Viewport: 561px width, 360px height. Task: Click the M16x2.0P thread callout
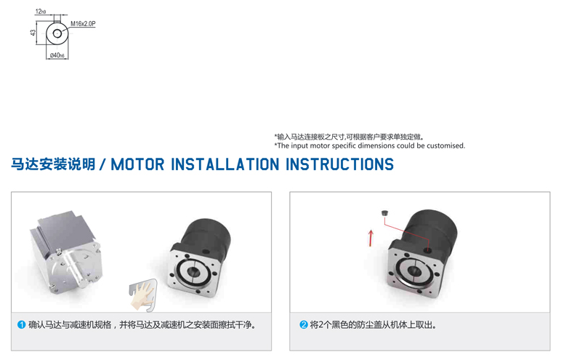click(83, 24)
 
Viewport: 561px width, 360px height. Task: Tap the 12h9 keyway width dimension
click(41, 12)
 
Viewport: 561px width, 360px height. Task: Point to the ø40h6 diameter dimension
click(57, 55)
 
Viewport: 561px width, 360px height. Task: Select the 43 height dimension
click(33, 33)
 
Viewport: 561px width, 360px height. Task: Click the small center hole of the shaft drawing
click(57, 33)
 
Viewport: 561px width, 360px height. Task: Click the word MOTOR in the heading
click(137, 164)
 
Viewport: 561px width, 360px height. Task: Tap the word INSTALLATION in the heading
click(225, 164)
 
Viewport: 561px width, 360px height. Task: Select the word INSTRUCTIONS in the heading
click(339, 164)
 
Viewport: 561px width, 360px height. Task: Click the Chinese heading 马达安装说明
click(53, 164)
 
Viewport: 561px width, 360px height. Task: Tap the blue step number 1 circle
click(22, 325)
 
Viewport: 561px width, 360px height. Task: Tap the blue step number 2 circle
click(304, 325)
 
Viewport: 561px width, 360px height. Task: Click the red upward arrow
click(371, 239)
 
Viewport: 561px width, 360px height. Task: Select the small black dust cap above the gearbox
click(384, 213)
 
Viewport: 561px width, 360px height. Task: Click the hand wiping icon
click(143, 295)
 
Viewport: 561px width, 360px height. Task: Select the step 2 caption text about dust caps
click(374, 325)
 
